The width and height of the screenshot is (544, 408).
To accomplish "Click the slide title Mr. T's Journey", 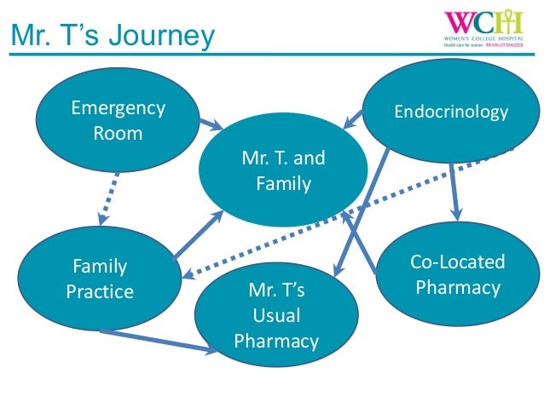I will click(112, 36).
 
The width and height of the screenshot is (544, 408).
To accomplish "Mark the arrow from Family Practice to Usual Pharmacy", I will click(158, 341).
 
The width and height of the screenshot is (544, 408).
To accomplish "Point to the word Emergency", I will click(118, 108).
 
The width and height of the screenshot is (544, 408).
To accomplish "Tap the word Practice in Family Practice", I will click(100, 292).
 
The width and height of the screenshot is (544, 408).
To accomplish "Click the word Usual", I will click(276, 316).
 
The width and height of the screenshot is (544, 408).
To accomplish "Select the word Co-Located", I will click(458, 261).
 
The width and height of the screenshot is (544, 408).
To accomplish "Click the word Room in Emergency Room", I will click(118, 134).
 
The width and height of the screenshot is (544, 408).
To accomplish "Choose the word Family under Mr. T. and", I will click(284, 183).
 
